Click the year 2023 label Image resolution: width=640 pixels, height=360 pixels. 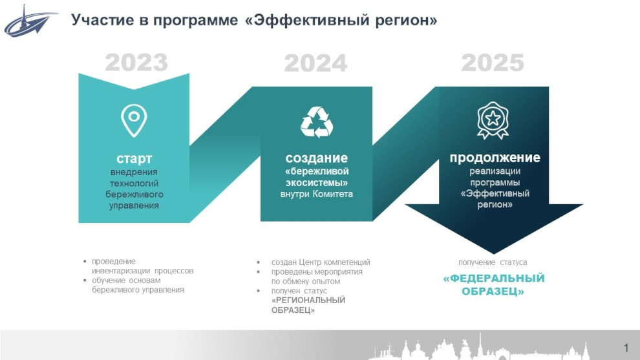point(136,63)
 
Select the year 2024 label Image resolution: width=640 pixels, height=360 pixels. point(315,63)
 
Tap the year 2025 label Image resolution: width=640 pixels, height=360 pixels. point(493,63)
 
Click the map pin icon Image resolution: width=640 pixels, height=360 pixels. point(134,120)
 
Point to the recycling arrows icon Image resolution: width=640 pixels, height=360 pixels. point(316,122)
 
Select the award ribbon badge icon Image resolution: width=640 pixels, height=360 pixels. point(493,120)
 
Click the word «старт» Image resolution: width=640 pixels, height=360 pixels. point(134,158)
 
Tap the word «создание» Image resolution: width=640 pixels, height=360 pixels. point(316,158)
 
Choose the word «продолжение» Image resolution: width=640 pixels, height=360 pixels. point(495,158)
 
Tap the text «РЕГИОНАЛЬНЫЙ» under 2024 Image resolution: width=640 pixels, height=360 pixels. point(308,301)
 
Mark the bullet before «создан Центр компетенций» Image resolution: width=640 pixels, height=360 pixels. point(259,262)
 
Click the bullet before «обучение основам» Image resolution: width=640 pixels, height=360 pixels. point(85,281)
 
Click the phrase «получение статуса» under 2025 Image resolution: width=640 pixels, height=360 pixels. point(493,262)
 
